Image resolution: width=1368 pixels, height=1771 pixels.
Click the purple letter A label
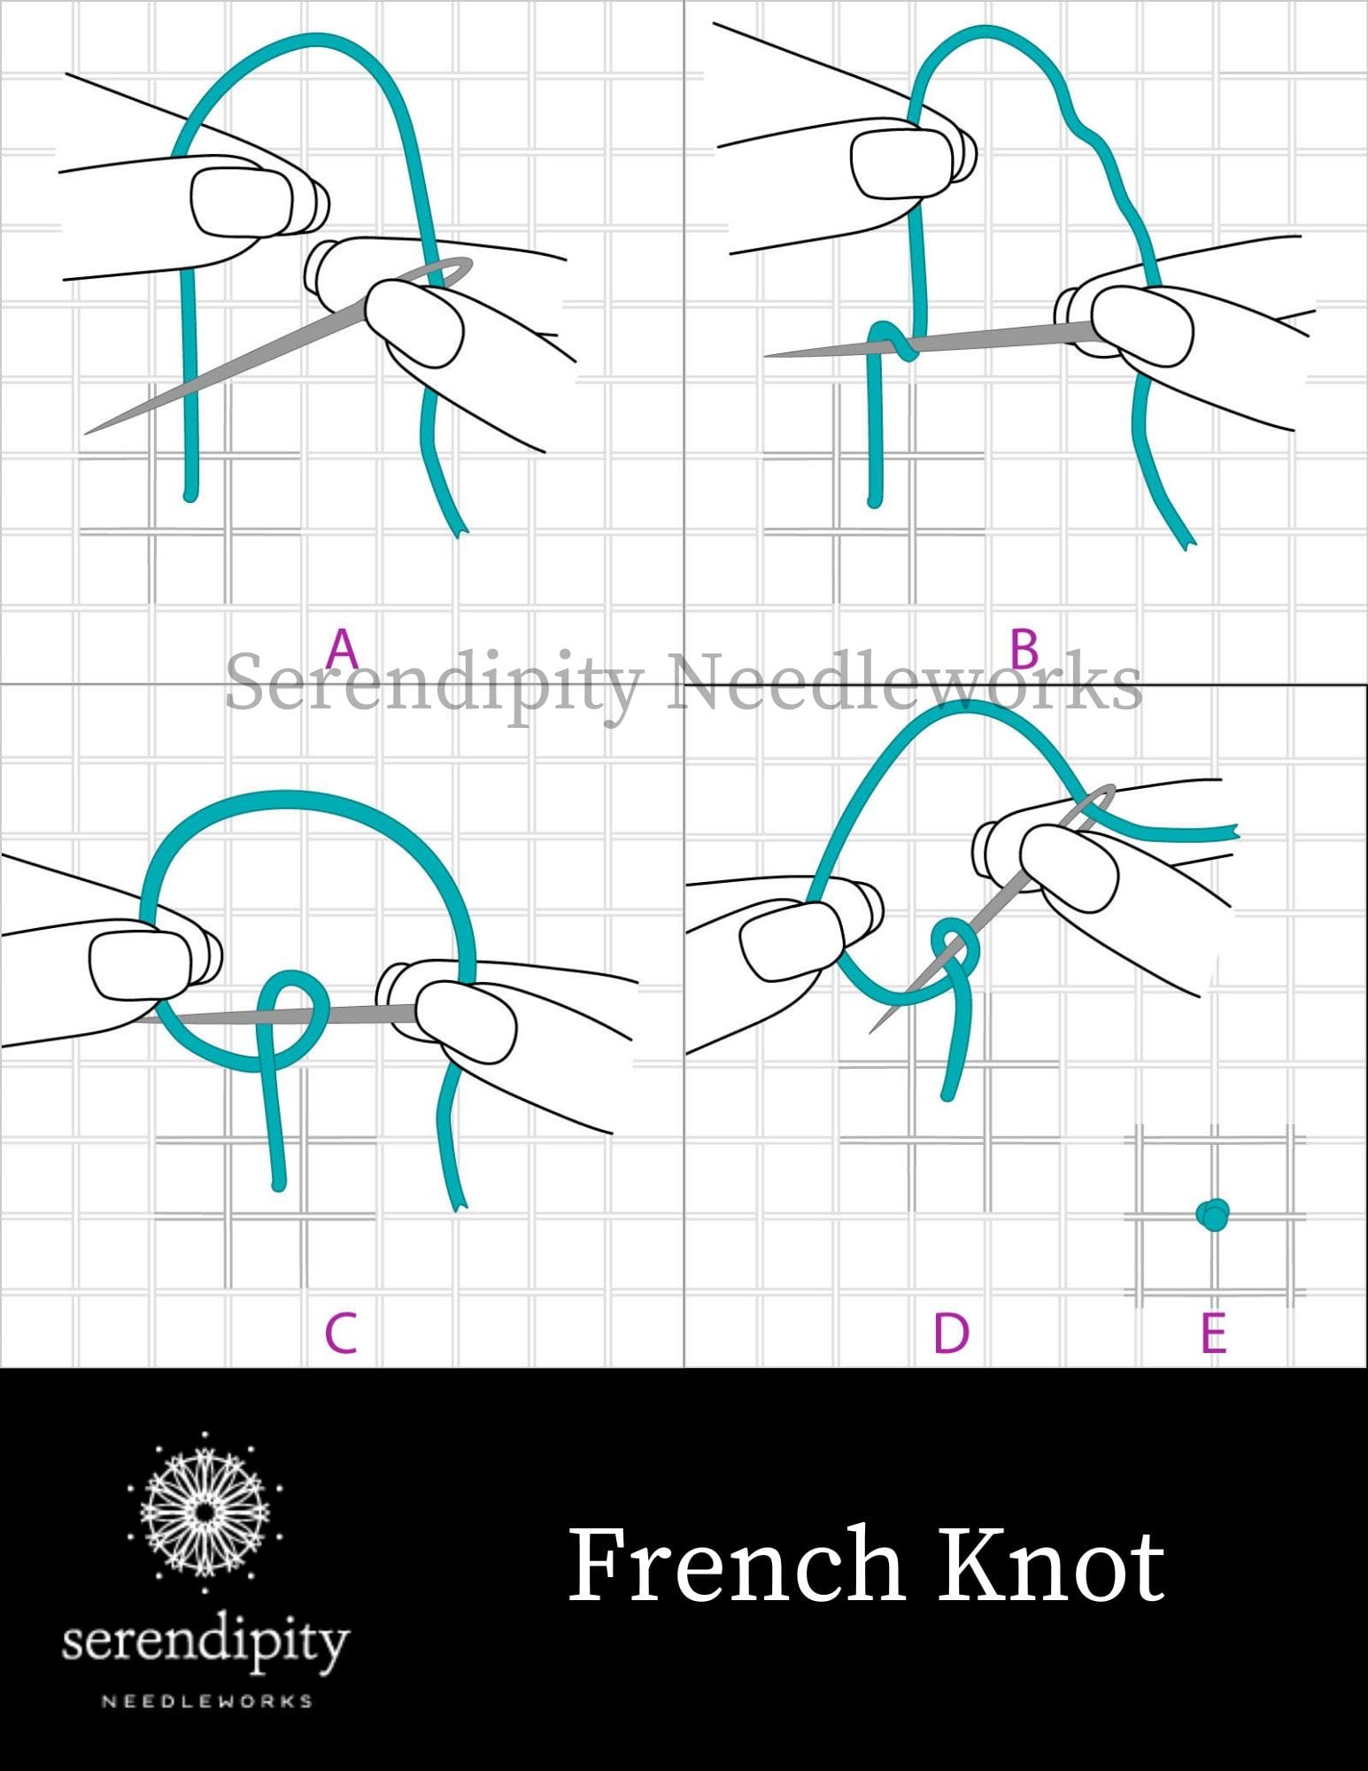342,649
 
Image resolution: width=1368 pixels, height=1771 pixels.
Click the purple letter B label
1024,649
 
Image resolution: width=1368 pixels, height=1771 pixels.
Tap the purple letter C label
341,1333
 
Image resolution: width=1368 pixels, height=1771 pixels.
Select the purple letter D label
951,1333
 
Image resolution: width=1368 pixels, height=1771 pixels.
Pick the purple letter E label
1213,1333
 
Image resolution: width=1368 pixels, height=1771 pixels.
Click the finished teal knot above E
1212,1214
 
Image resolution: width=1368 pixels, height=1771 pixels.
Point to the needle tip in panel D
873,1030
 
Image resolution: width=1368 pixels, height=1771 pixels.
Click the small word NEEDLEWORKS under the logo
206,1701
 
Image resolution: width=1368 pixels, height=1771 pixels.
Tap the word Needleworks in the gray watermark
903,682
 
